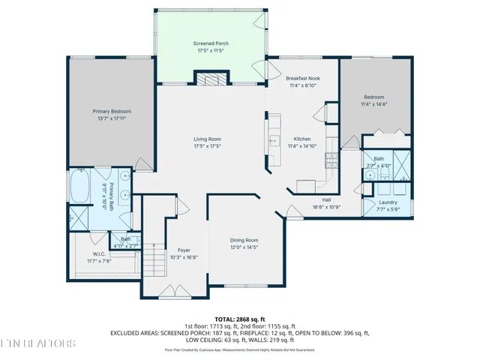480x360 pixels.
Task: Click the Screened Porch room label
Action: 211,44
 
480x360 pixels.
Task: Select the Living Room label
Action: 208,139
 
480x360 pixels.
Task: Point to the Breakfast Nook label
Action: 303,79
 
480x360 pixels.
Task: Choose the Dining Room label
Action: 244,240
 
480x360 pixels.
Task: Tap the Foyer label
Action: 184,250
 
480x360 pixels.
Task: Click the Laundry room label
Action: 388,202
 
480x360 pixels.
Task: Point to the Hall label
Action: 326,199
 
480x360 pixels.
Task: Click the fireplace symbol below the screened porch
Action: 211,79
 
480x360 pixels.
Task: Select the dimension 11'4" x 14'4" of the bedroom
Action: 374,103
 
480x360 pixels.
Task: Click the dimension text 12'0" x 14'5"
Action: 244,247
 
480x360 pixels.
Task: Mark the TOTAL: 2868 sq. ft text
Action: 239,319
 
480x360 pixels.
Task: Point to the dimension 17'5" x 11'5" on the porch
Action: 211,51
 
